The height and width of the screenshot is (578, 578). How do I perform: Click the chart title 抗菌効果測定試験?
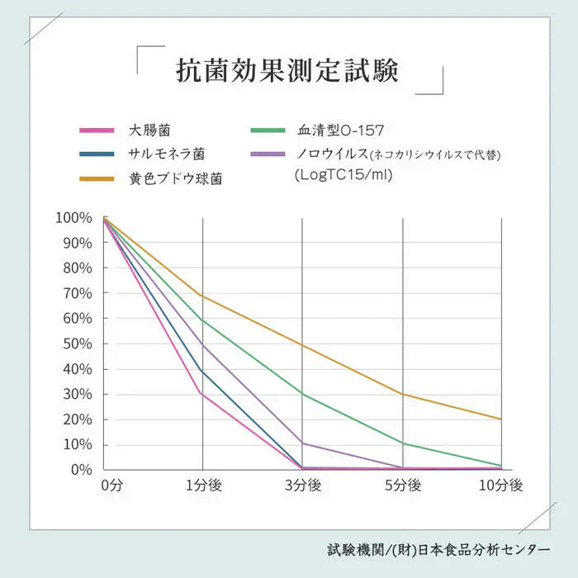click(x=288, y=71)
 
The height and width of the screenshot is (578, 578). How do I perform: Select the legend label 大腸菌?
click(x=149, y=130)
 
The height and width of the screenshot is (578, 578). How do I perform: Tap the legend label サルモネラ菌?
click(x=166, y=154)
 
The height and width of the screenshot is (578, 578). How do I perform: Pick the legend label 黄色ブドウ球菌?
click(x=175, y=178)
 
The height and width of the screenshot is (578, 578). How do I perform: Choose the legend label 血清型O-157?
click(x=341, y=130)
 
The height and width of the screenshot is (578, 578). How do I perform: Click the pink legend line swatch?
click(x=96, y=130)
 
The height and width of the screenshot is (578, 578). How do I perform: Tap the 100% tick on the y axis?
click(x=73, y=218)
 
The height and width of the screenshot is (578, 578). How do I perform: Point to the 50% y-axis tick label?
click(x=77, y=343)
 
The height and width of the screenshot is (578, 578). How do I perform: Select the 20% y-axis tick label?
click(x=77, y=419)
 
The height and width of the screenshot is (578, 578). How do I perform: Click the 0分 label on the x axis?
click(x=111, y=486)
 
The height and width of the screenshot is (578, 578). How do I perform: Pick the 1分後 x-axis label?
click(x=203, y=486)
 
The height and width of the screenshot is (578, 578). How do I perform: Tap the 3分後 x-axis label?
click(x=302, y=486)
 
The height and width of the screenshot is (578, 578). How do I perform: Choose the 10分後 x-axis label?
click(x=501, y=486)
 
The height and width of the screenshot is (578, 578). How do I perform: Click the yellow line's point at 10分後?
click(x=501, y=419)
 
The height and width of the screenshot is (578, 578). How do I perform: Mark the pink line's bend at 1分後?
click(x=202, y=393)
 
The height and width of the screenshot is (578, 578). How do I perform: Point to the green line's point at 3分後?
click(x=302, y=394)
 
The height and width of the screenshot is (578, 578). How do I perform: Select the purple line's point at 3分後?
click(x=302, y=443)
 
